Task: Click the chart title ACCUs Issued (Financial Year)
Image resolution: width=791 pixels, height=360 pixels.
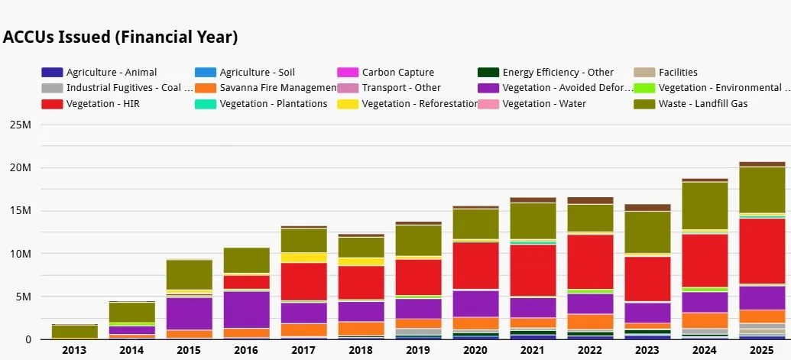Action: (x=121, y=37)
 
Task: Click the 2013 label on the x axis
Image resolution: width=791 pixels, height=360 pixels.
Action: (x=74, y=350)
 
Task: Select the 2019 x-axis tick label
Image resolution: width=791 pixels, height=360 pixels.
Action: (x=418, y=350)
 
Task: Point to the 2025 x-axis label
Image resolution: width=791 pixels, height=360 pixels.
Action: (x=762, y=350)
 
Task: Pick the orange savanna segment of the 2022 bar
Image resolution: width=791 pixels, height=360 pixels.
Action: (x=590, y=321)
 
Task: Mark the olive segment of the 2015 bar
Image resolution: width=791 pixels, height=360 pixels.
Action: (x=189, y=274)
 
